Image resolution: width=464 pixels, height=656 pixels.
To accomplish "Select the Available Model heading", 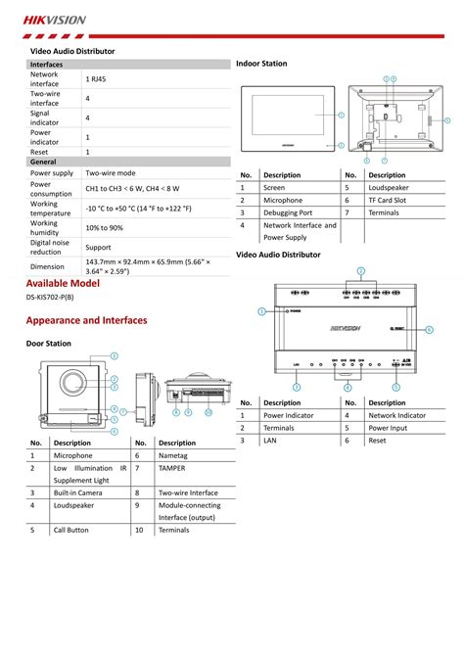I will coord(64,282).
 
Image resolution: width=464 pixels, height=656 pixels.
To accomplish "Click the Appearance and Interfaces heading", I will coord(86,320).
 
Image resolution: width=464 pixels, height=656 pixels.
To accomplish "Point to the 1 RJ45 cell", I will coord(98,78).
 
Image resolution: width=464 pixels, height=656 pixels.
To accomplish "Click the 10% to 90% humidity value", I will coord(104,228).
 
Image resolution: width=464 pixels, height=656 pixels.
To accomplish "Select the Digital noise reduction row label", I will coord(50,247).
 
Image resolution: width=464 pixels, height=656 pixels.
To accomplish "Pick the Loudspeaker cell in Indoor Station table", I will coord(389,187).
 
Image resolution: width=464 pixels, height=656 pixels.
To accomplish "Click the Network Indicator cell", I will coord(397,415).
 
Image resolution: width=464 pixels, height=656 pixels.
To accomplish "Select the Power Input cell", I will coord(389,428).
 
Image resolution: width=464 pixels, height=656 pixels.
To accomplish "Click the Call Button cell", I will coord(71,530).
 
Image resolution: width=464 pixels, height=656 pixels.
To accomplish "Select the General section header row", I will coord(43,161).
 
